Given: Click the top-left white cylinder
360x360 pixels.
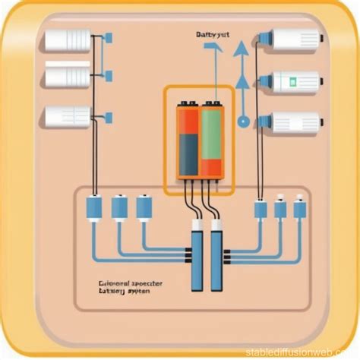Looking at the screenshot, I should coord(68,39).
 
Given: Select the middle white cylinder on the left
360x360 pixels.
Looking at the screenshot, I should coord(68,76).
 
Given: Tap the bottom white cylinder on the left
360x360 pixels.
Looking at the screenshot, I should coord(68,116).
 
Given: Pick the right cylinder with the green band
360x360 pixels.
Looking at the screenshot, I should coord(296,81).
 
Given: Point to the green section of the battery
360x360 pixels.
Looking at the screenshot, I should coord(210,133).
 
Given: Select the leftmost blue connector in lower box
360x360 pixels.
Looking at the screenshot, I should coord(94,208).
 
